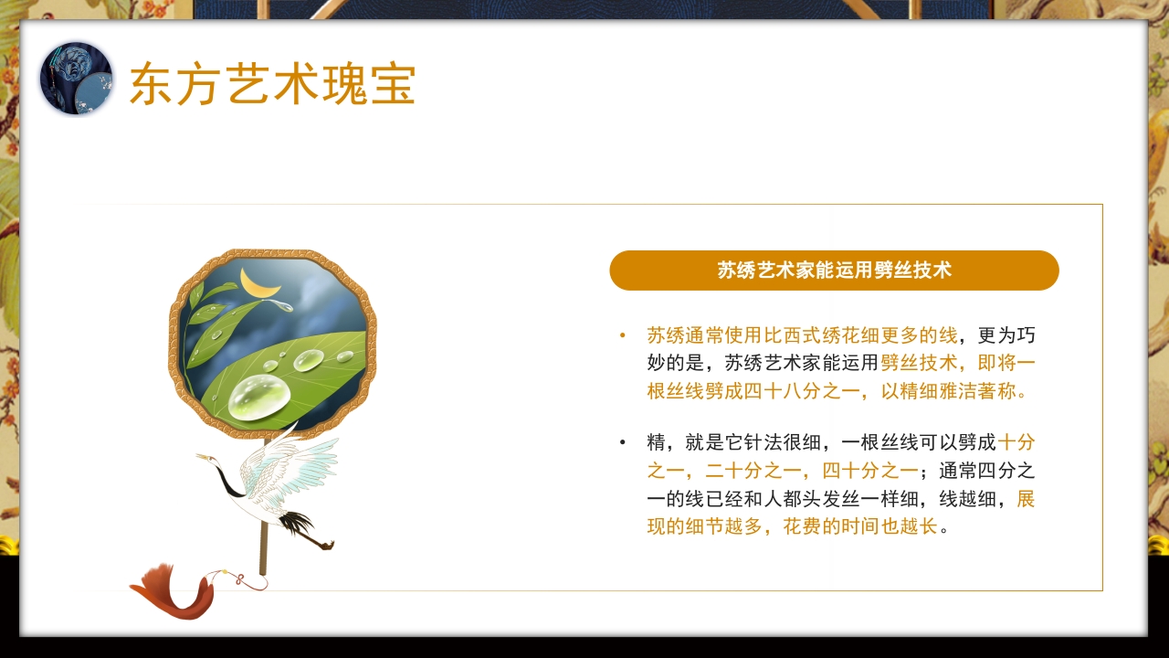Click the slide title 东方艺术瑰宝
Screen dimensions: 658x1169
click(x=272, y=84)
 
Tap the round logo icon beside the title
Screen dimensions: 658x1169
click(x=76, y=79)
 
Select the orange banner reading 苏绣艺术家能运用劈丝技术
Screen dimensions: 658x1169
click(x=834, y=271)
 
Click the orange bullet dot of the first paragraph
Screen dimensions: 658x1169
click(x=623, y=335)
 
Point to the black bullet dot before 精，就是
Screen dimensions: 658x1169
click(x=623, y=443)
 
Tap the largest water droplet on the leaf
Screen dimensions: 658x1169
click(x=259, y=398)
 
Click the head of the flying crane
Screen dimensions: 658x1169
click(x=205, y=456)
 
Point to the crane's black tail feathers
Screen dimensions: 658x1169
click(x=298, y=523)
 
